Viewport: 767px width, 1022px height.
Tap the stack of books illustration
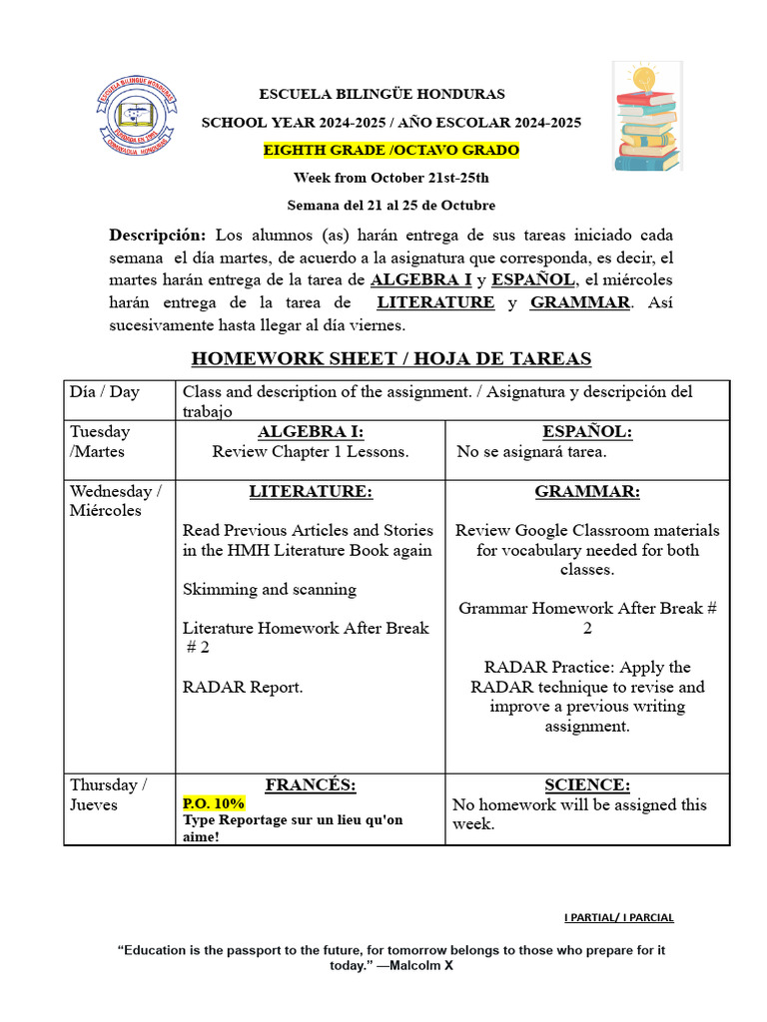pyautogui.click(x=647, y=117)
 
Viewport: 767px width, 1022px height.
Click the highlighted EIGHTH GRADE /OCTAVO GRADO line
pyautogui.click(x=390, y=150)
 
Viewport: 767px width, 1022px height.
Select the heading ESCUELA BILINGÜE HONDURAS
pyautogui.click(x=383, y=94)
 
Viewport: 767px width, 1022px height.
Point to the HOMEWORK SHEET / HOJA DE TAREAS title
pyautogui.click(x=390, y=358)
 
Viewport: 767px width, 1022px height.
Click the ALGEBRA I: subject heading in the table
pyautogui.click(x=311, y=432)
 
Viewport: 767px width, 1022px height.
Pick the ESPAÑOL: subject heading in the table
pyautogui.click(x=587, y=432)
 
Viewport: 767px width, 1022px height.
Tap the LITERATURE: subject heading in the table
pyautogui.click(x=311, y=491)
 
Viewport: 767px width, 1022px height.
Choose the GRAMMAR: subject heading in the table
pyautogui.click(x=587, y=491)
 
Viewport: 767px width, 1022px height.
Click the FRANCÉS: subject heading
pyautogui.click(x=311, y=784)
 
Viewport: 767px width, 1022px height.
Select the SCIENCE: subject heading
pyautogui.click(x=587, y=784)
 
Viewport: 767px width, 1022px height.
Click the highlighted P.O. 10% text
pyautogui.click(x=213, y=803)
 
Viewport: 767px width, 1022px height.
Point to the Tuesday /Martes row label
pyautogui.click(x=100, y=441)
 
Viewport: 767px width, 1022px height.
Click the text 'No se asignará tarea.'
pyautogui.click(x=531, y=452)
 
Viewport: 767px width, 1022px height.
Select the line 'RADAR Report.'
pyautogui.click(x=243, y=687)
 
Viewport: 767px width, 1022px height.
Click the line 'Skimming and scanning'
pyautogui.click(x=263, y=589)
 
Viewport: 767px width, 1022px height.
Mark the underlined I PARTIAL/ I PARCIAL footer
pyautogui.click(x=618, y=917)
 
